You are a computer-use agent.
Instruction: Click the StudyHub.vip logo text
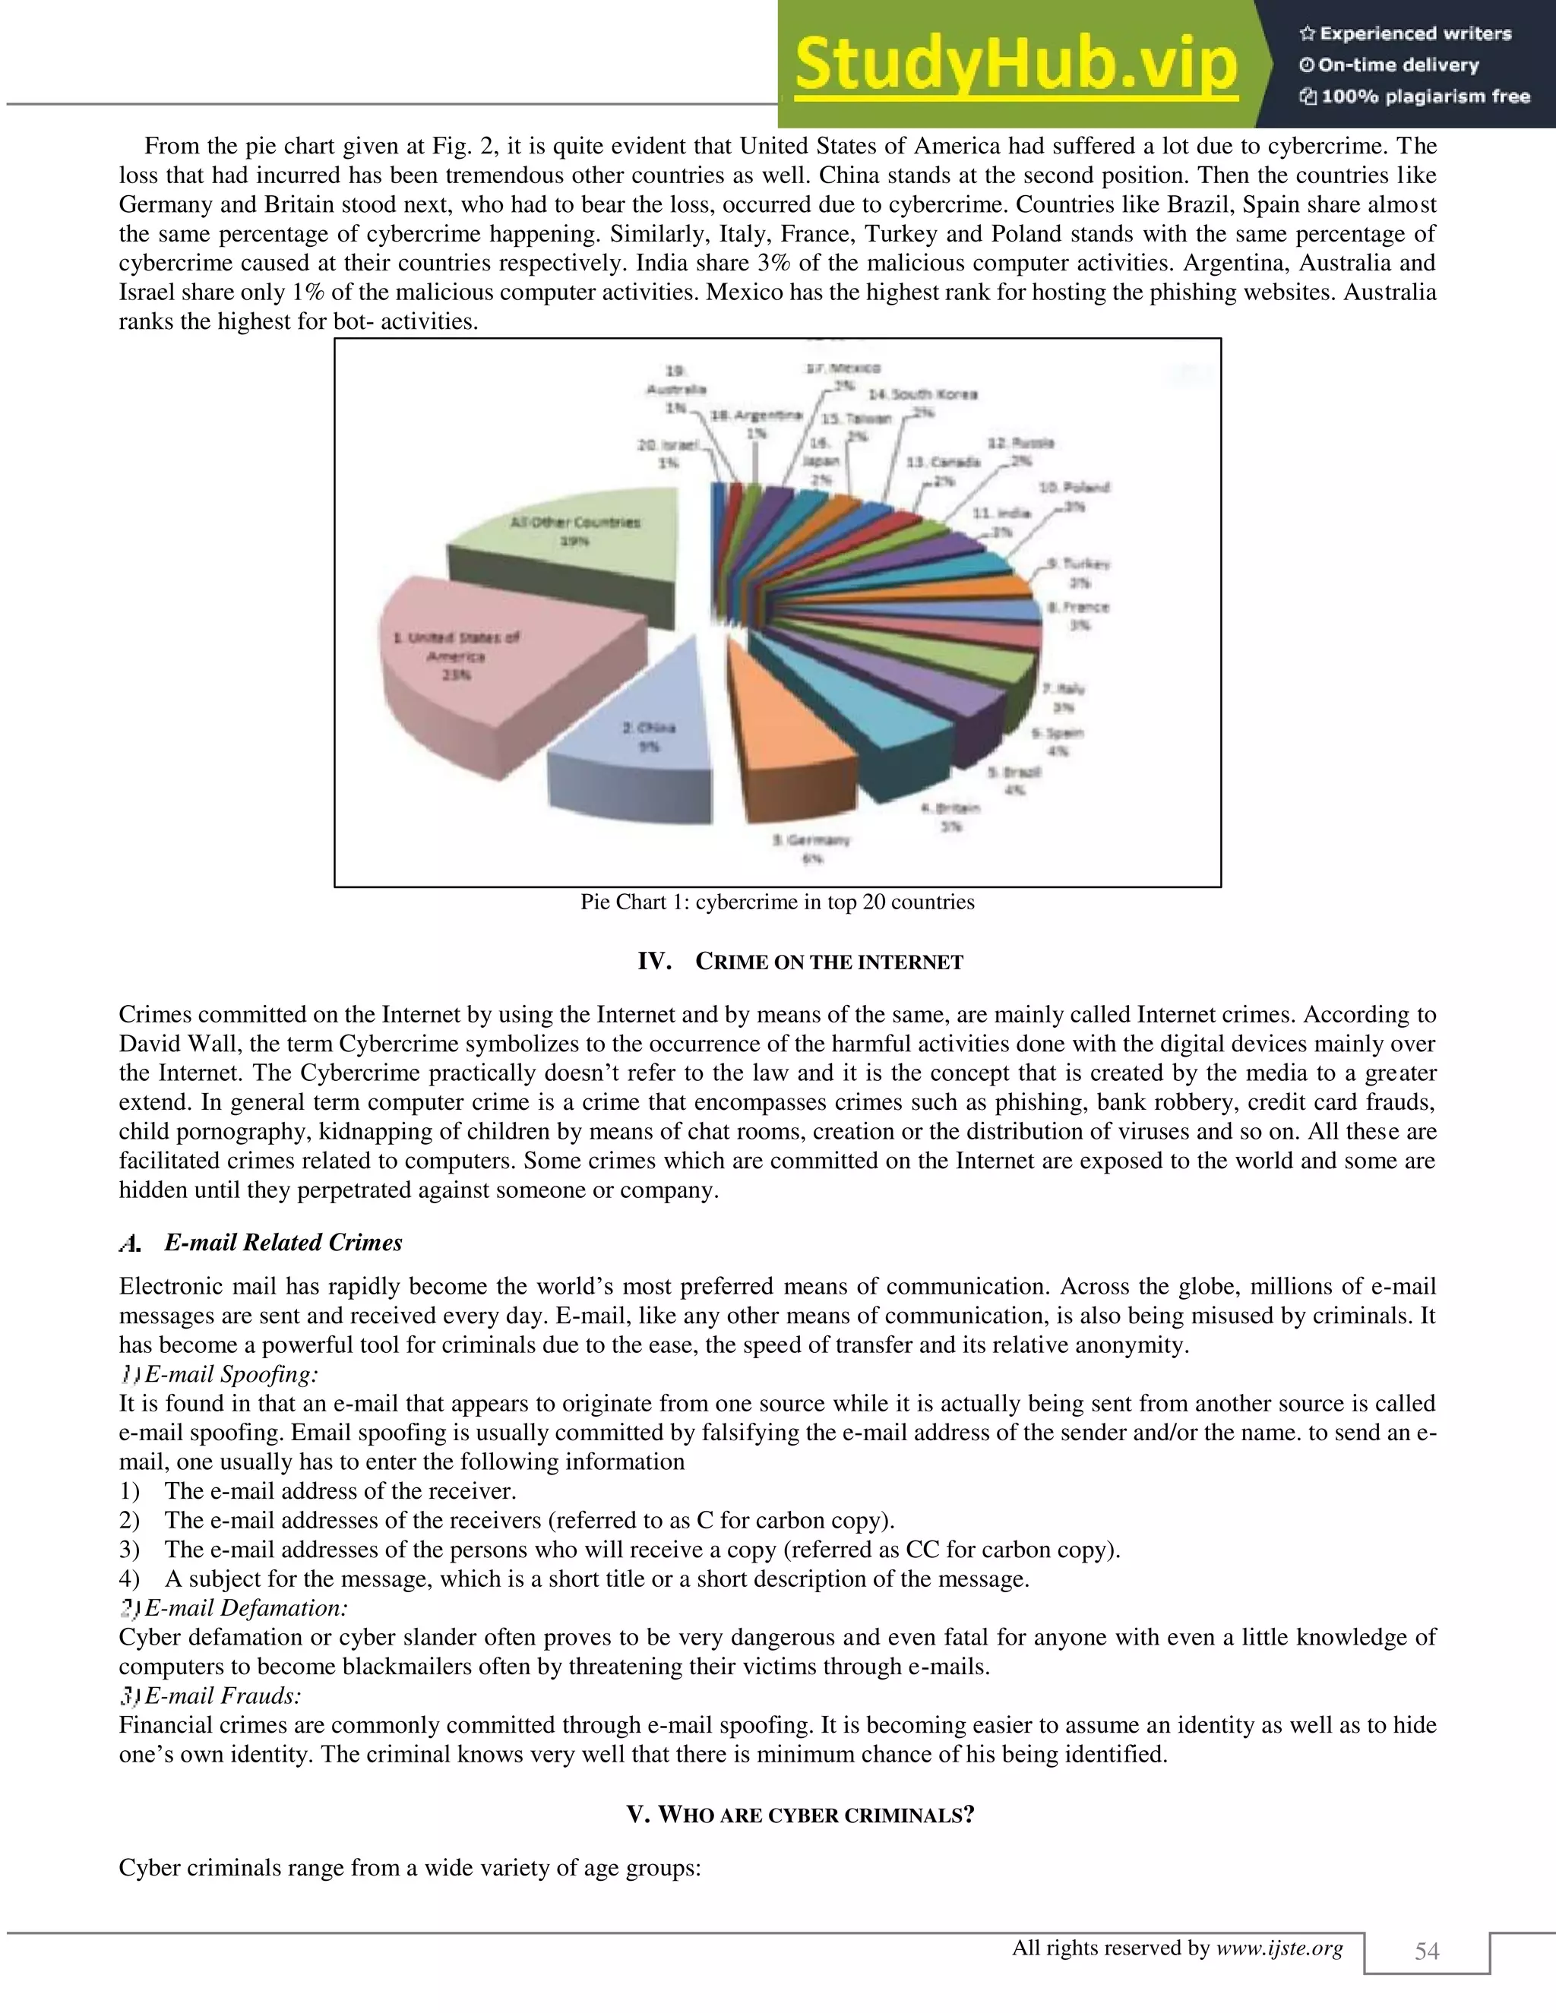pyautogui.click(x=1016, y=65)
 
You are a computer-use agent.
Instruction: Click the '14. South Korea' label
pyautogui.click(x=922, y=394)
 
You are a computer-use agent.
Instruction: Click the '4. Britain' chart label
pyautogui.click(x=950, y=808)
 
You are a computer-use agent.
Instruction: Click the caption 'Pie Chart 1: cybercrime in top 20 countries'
pyautogui.click(x=777, y=902)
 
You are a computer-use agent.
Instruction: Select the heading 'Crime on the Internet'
pyautogui.click(x=800, y=962)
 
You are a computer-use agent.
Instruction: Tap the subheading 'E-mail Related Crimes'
pyautogui.click(x=283, y=1243)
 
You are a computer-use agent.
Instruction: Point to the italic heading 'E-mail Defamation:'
pyautogui.click(x=246, y=1608)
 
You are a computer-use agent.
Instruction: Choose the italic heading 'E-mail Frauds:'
pyautogui.click(x=223, y=1696)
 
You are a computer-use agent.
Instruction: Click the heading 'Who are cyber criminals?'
pyautogui.click(x=800, y=1815)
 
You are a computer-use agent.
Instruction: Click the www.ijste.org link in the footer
pyautogui.click(x=1279, y=1948)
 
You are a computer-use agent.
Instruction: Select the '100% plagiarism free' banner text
pyautogui.click(x=1425, y=96)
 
